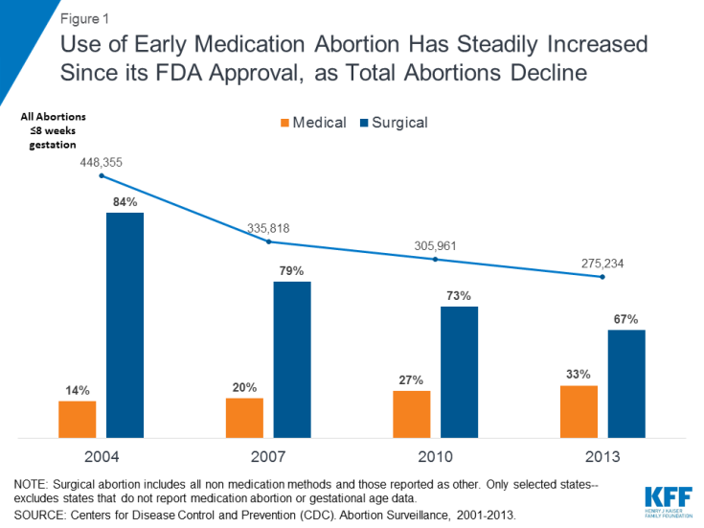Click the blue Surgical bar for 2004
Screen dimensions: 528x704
point(125,325)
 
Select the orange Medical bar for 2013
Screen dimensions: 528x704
point(579,412)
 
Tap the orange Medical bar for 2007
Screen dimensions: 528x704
point(244,418)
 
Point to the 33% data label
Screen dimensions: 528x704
point(579,374)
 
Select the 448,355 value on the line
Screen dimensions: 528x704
point(101,162)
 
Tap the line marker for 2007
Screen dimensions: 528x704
point(268,241)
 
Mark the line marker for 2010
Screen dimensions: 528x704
point(436,259)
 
